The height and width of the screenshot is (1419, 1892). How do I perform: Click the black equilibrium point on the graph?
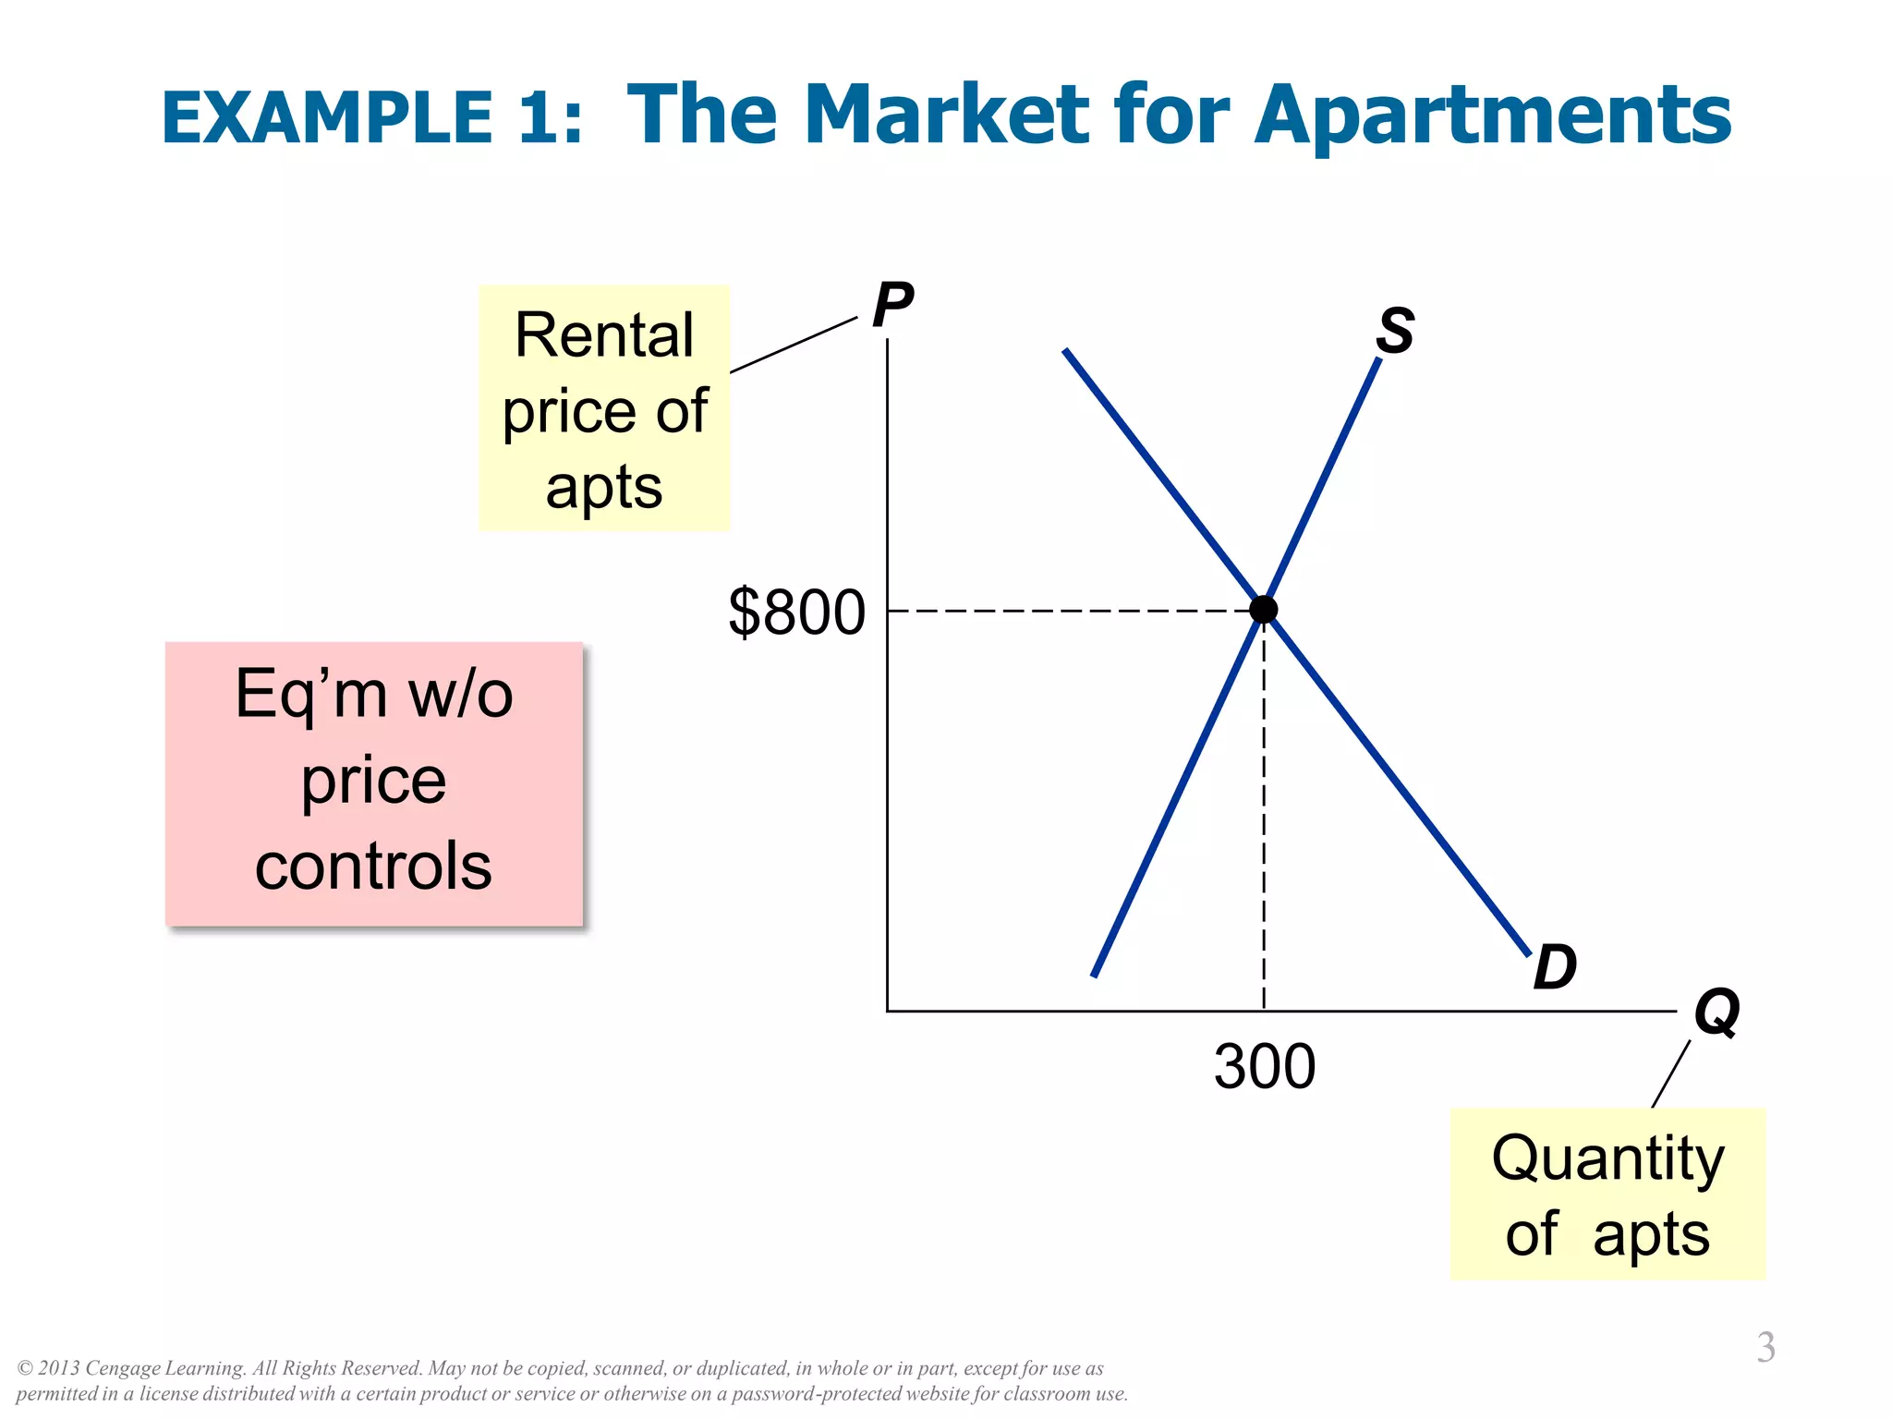coord(1263,610)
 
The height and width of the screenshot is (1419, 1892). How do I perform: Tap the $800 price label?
coord(796,612)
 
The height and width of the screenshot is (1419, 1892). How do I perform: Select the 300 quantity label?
coord(1264,1067)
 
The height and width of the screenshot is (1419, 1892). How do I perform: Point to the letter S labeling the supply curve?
coord(1394,331)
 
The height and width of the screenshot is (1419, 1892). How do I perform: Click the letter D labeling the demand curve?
coord(1555,968)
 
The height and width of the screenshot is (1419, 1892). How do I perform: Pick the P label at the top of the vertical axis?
coord(892,305)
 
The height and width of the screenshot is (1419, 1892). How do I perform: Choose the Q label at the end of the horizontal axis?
coord(1716,1013)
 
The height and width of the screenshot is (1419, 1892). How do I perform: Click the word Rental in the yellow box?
coord(604,335)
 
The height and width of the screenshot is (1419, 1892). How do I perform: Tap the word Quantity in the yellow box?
coord(1607,1160)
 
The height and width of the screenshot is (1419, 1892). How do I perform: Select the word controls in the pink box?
coord(373,867)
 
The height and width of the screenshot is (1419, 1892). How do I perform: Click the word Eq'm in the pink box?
coord(309,695)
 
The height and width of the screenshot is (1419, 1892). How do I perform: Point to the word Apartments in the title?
coord(1492,115)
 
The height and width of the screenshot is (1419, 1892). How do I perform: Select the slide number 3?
coord(1765,1347)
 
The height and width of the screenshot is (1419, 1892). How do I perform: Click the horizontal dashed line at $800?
coord(1062,612)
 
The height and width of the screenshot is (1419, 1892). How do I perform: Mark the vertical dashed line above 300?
coord(1264,813)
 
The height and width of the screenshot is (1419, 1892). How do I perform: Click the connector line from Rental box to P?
coord(794,345)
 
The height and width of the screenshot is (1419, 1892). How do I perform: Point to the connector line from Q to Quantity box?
coord(1671,1073)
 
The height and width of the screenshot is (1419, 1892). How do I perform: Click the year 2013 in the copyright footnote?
coord(59,1368)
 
